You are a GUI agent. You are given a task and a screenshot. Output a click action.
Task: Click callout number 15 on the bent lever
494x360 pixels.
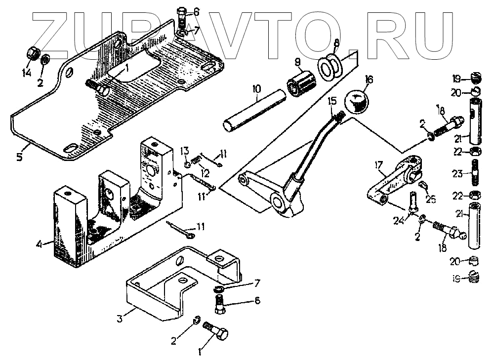click(332, 101)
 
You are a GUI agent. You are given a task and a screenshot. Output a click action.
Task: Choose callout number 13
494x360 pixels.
click(184, 150)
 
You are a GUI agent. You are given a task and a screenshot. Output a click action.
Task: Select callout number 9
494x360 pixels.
click(297, 62)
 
